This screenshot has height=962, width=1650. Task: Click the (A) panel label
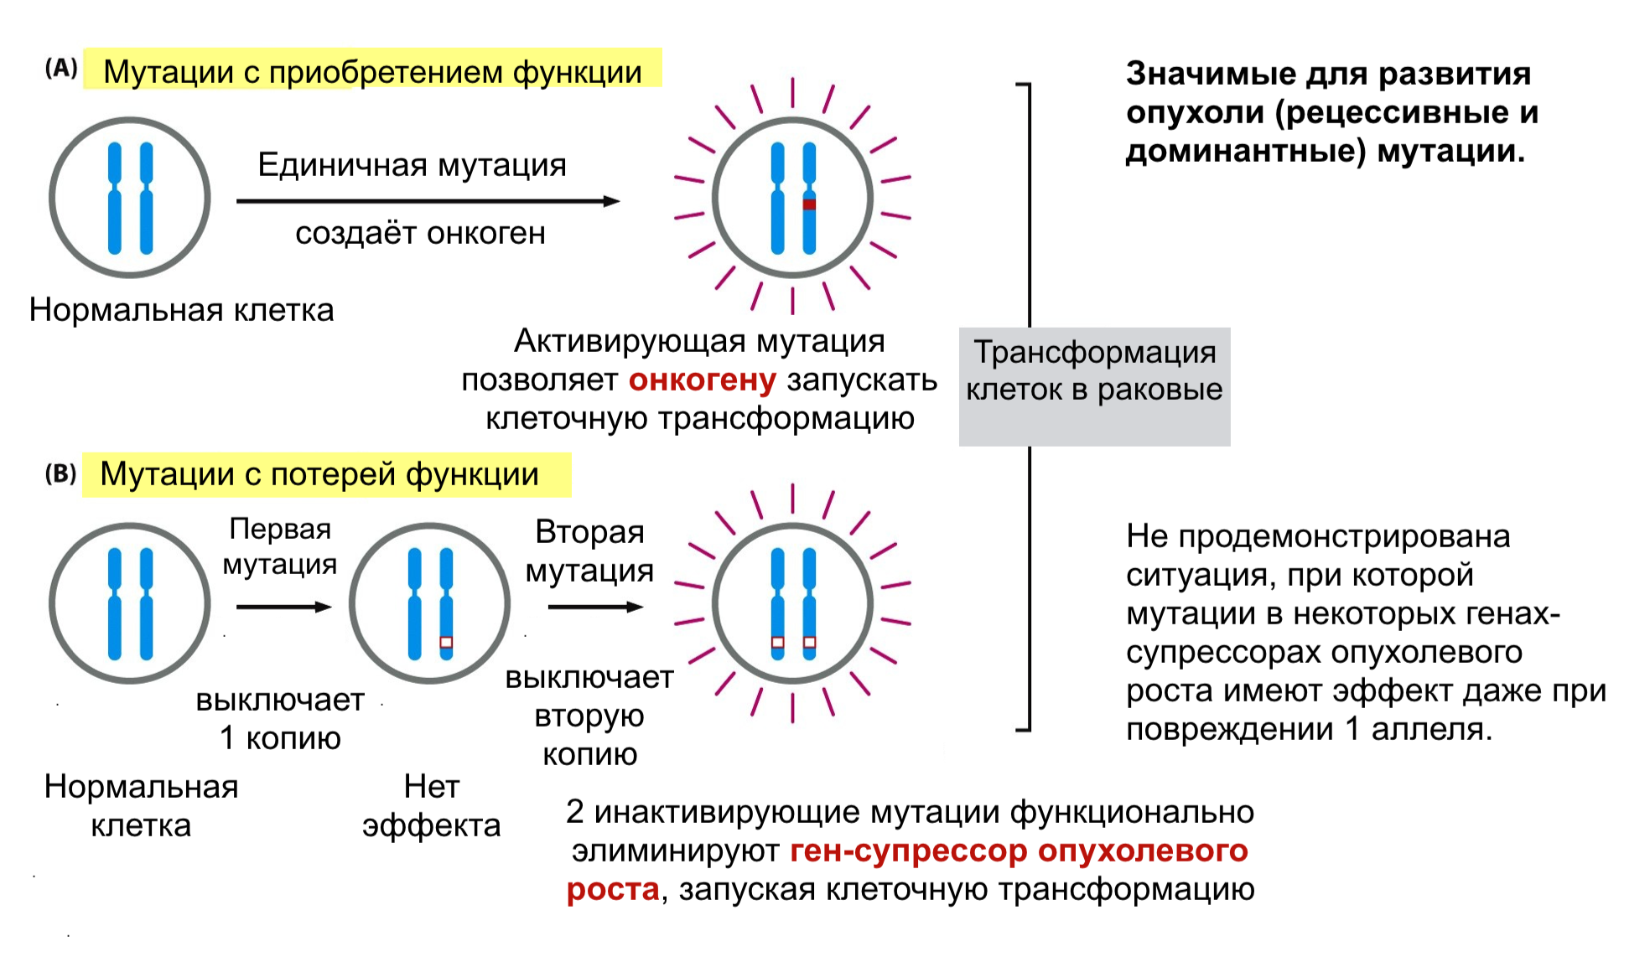(x=61, y=69)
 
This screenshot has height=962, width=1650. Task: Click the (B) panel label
(x=60, y=474)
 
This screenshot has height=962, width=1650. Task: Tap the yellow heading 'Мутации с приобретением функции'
(x=372, y=71)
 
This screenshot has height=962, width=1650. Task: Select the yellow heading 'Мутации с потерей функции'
(x=325, y=474)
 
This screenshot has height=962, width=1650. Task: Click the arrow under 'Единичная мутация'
(x=428, y=201)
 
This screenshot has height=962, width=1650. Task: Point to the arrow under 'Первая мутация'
(x=283, y=607)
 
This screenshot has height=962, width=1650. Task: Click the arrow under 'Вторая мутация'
(x=594, y=607)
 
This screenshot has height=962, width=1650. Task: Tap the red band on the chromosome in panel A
(x=809, y=204)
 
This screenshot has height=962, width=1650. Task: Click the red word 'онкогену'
(x=703, y=380)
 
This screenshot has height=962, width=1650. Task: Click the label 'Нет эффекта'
(x=431, y=806)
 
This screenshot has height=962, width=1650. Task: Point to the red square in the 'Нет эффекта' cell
(x=446, y=643)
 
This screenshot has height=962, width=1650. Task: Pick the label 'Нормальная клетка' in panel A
(x=181, y=310)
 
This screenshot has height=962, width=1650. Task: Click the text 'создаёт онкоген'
(x=420, y=233)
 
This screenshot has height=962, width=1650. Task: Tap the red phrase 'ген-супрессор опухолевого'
(x=1019, y=851)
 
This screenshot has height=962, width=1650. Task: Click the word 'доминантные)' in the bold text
(x=1246, y=151)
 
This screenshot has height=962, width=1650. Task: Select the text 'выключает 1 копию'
(x=280, y=719)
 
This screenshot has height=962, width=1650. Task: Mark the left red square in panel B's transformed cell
(x=777, y=643)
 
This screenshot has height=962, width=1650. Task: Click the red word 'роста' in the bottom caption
(x=613, y=889)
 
